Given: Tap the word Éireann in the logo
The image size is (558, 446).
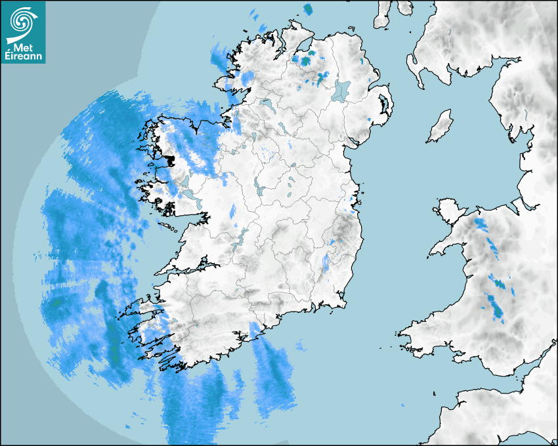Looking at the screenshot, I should [23, 56].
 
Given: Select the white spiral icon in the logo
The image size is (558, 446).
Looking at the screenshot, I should [22, 22].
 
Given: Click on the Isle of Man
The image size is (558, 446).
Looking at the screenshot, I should [440, 127].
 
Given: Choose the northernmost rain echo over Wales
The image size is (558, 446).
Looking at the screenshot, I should [481, 225].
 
